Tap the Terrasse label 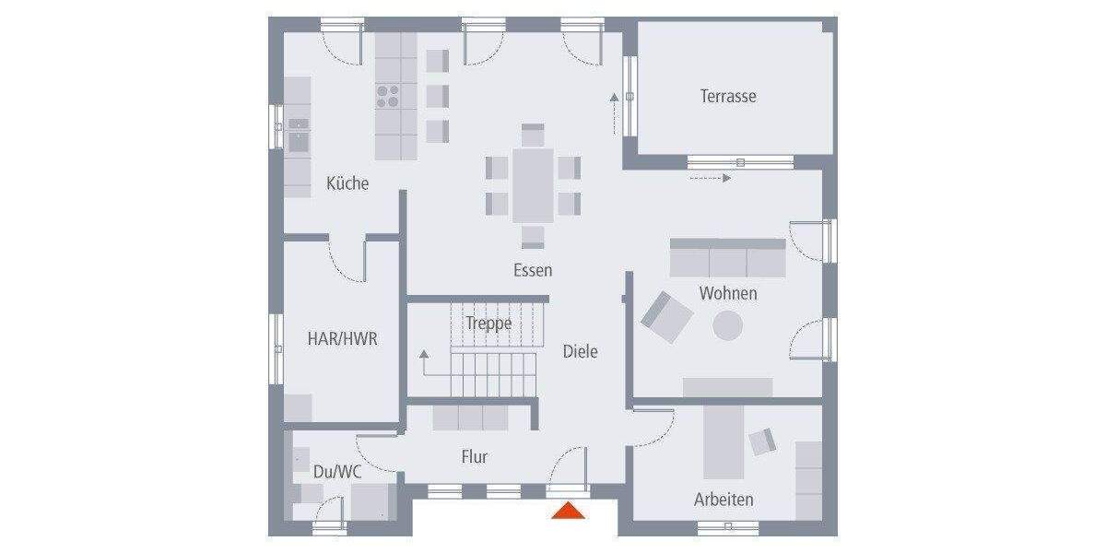click(x=727, y=96)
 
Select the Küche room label click(x=347, y=183)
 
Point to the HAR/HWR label click(x=342, y=339)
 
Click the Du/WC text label click(x=336, y=471)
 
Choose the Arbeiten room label click(x=724, y=500)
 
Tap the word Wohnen click(x=727, y=293)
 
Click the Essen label click(x=533, y=270)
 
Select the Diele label click(x=580, y=351)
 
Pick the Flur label click(x=474, y=456)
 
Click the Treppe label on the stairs click(x=488, y=324)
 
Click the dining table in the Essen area click(x=533, y=184)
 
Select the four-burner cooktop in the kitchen click(x=387, y=96)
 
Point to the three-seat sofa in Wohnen click(x=727, y=259)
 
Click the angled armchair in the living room click(x=666, y=316)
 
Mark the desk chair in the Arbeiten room click(x=763, y=441)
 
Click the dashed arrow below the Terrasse click(x=710, y=178)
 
